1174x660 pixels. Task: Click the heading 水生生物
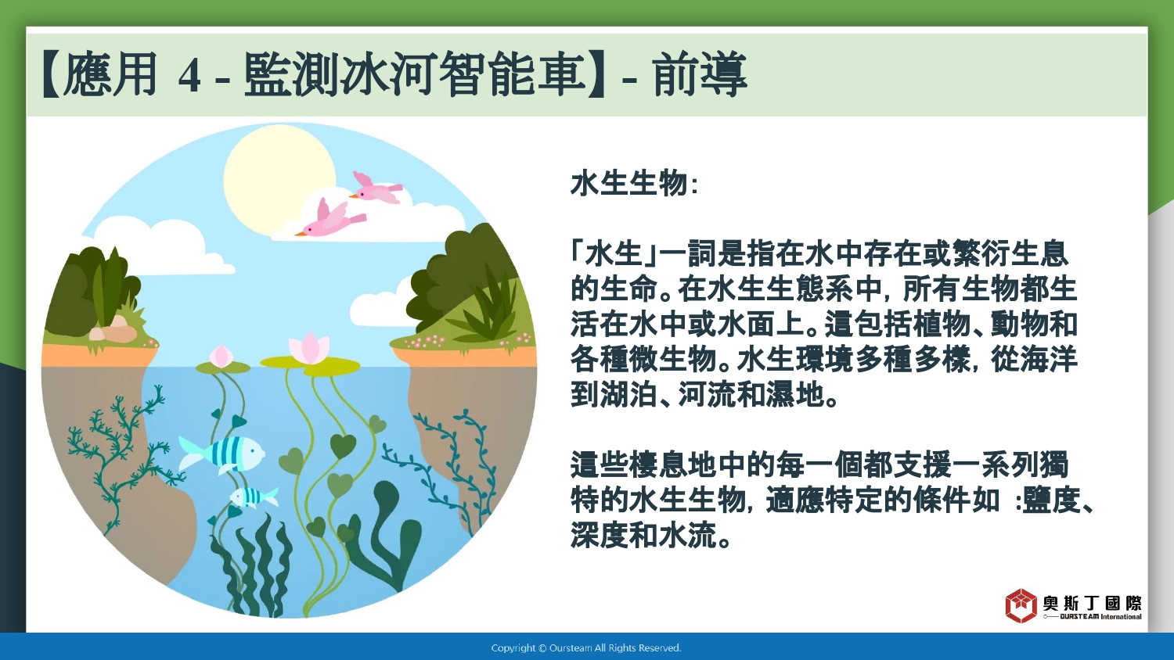coord(628,184)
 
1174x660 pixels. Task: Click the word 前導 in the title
coord(700,75)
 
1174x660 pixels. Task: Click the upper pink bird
coord(376,188)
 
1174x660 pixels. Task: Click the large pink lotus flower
coord(309,348)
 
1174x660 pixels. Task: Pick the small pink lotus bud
coord(221,356)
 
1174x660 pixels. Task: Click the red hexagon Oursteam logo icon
coord(1021,605)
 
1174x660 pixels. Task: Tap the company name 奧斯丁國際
coord(1093,604)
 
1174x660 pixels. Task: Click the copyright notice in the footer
coord(586,648)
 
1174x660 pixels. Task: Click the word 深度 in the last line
coord(600,536)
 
